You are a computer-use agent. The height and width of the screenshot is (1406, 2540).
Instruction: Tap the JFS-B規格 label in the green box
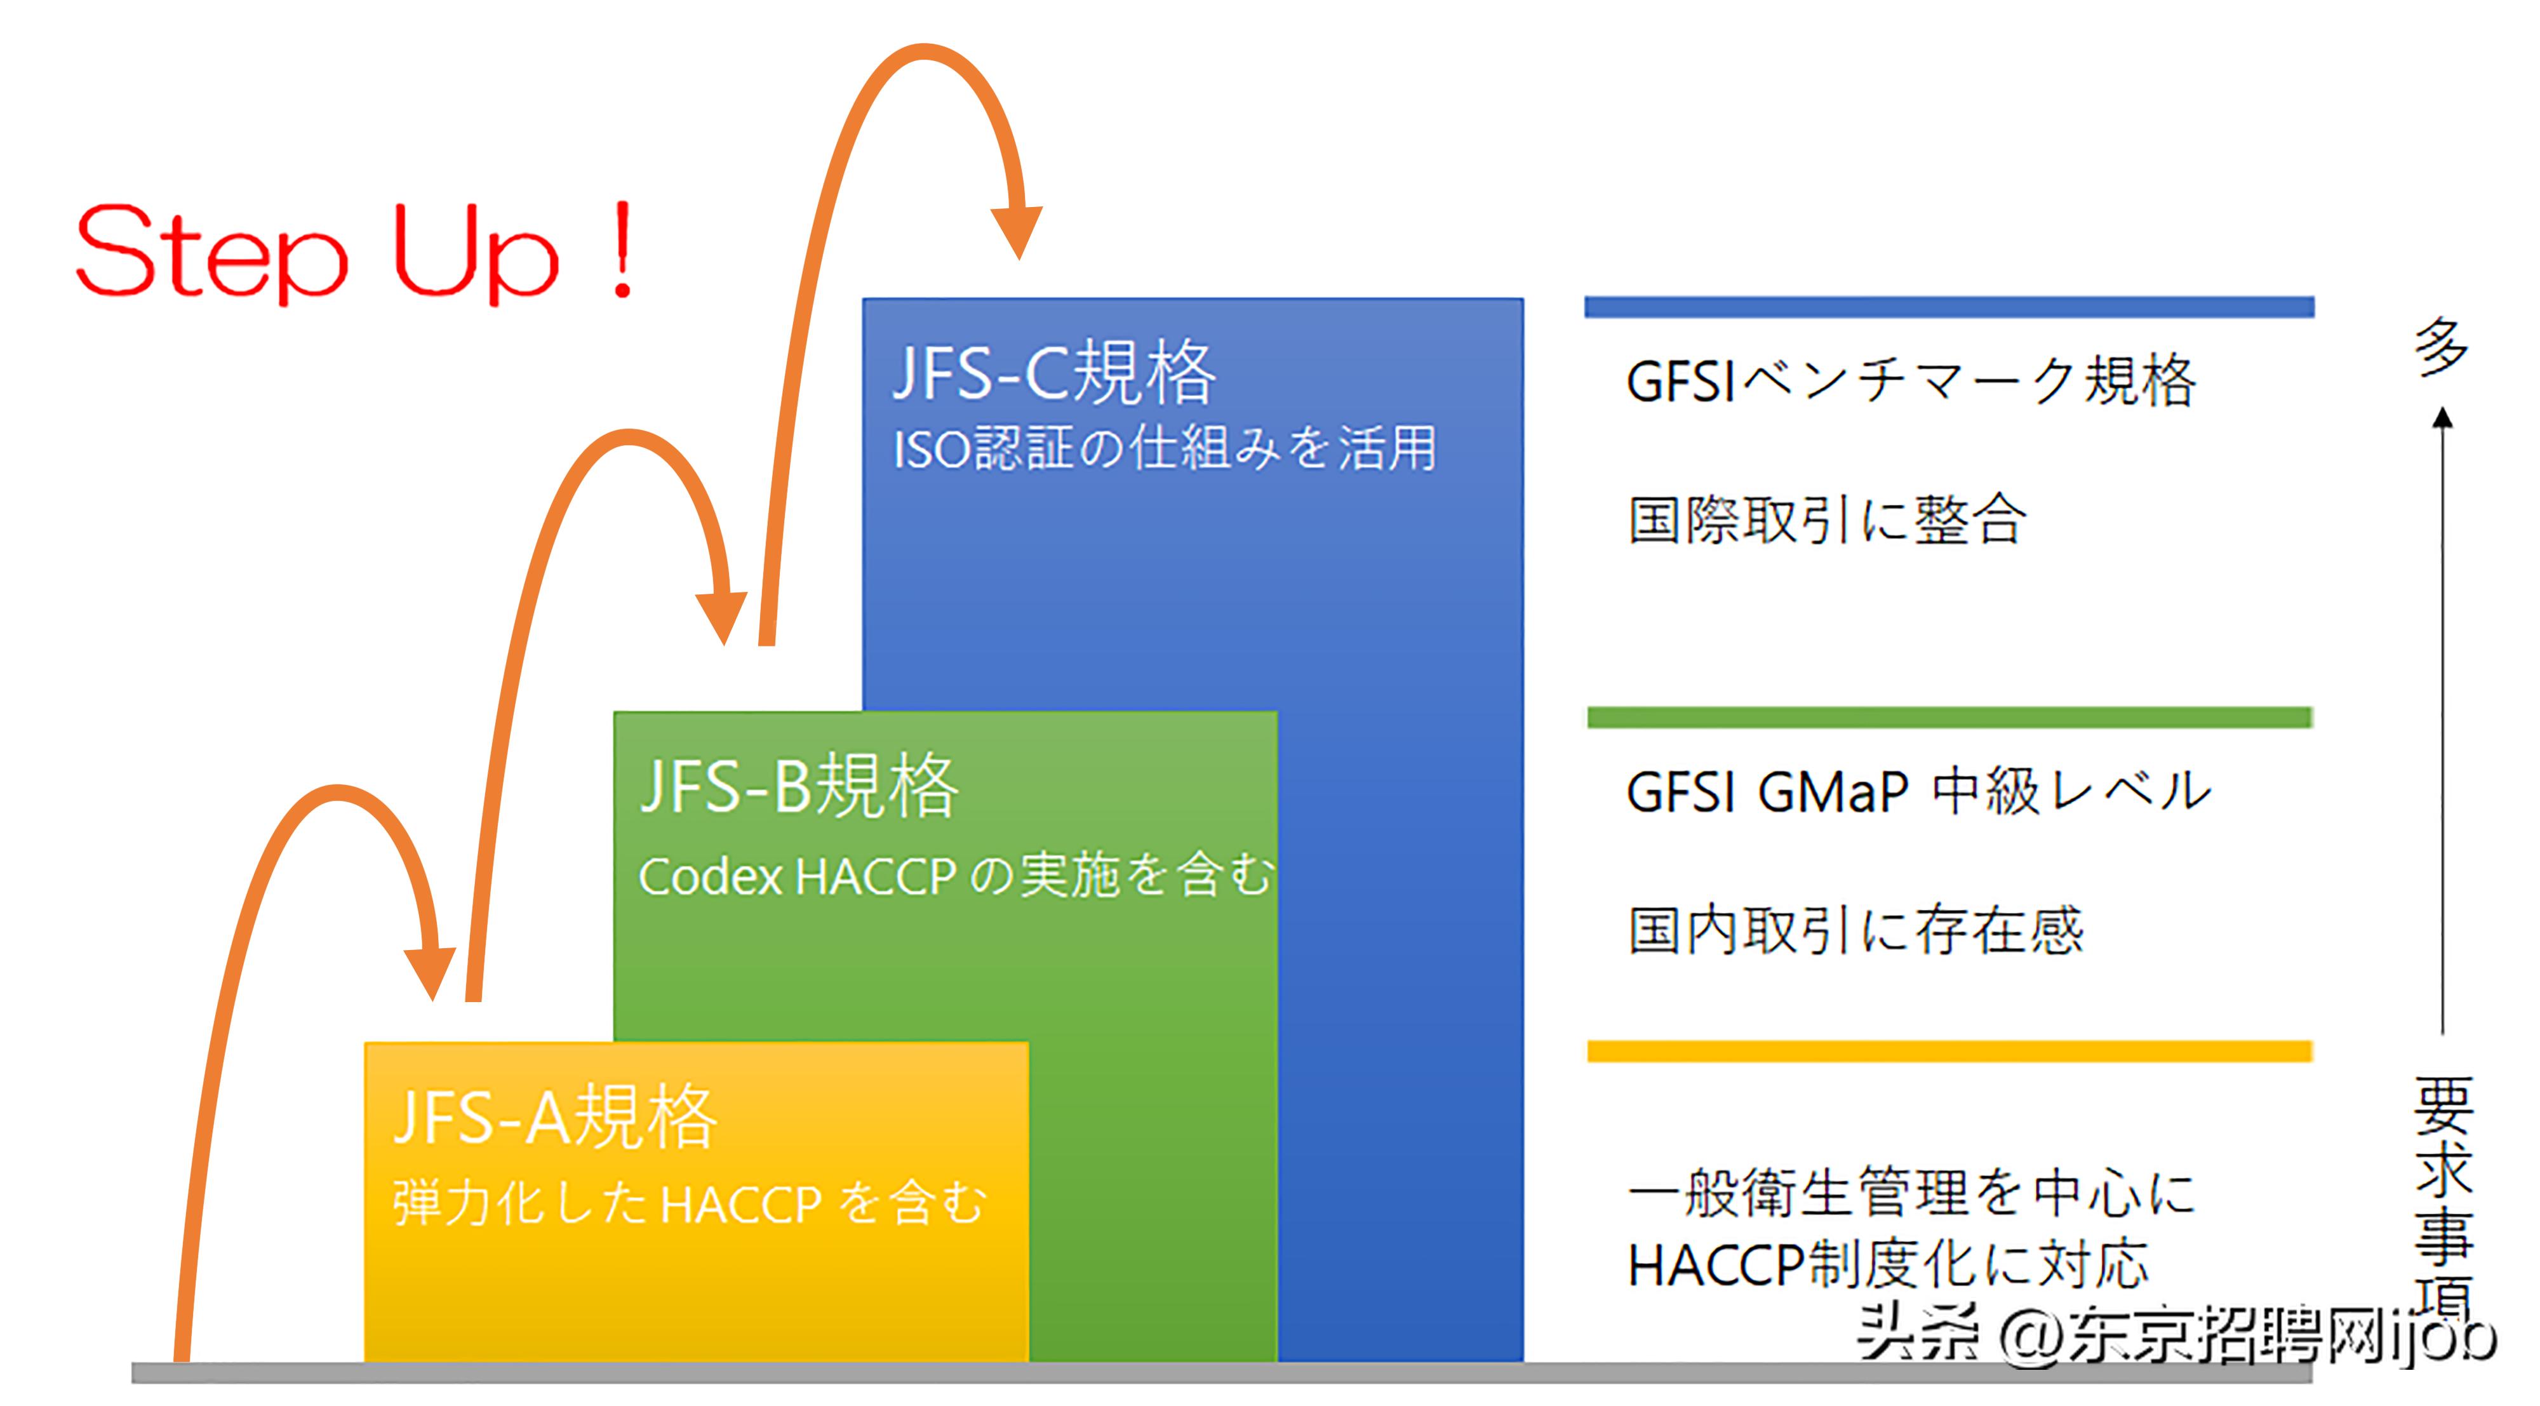click(x=799, y=786)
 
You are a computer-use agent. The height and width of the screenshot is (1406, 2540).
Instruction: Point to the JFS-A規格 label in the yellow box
click(x=555, y=1117)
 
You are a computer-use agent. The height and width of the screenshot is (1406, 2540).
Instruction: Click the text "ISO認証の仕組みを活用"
click(x=1163, y=448)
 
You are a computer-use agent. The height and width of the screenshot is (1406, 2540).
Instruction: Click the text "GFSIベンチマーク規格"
click(x=1910, y=382)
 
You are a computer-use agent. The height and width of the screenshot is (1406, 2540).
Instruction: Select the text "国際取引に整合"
click(x=1826, y=519)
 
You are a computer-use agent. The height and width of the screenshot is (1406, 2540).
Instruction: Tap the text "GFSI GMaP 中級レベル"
click(x=1918, y=791)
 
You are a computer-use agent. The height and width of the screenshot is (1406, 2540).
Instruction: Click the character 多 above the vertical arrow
click(x=2440, y=347)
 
